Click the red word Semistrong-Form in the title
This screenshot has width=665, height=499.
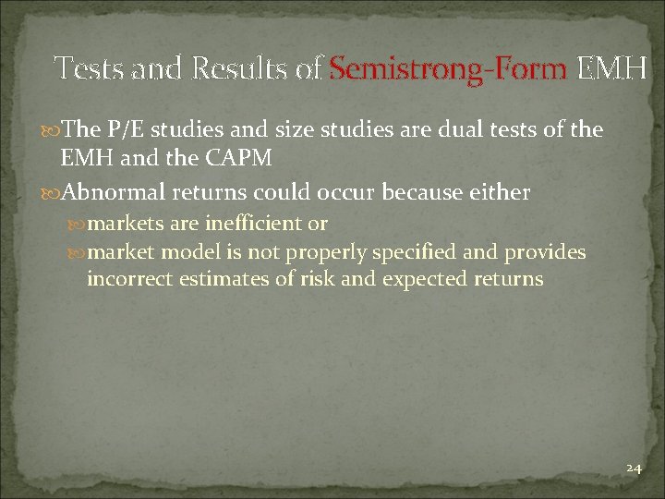point(449,68)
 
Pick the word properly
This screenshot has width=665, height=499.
point(330,252)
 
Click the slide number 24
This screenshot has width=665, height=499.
point(633,469)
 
